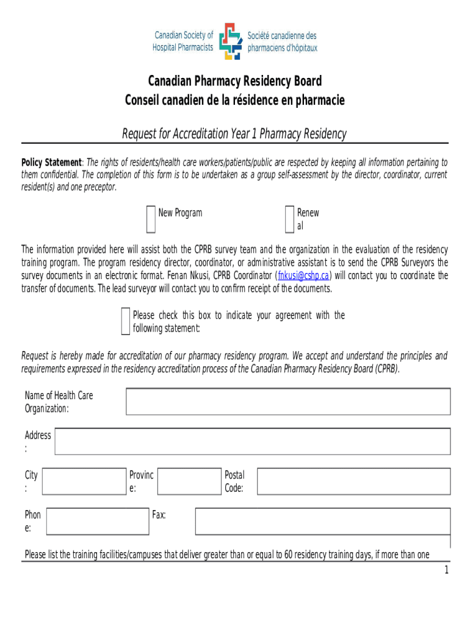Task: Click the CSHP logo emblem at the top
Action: click(230, 41)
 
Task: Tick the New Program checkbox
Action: click(151, 219)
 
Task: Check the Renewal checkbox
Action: click(289, 219)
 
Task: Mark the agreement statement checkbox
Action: click(125, 322)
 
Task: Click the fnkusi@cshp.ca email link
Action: click(303, 275)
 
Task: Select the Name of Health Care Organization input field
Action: click(288, 402)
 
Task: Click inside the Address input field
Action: click(253, 442)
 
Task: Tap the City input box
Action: click(84, 481)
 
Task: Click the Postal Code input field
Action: click(353, 481)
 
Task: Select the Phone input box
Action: click(98, 522)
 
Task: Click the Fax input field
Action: click(322, 522)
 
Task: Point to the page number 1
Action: click(446, 570)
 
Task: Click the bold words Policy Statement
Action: click(51, 163)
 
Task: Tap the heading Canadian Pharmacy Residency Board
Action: click(235, 81)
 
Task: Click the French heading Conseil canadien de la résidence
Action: click(235, 100)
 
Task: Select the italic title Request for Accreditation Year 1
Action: click(235, 133)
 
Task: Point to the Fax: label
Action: click(159, 516)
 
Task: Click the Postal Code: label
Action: click(234, 481)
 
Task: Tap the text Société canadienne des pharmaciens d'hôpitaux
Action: click(282, 41)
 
